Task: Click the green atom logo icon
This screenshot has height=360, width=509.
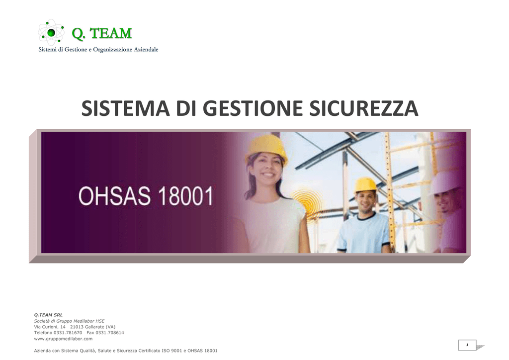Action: coord(51,32)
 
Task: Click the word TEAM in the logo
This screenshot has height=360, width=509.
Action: coord(110,33)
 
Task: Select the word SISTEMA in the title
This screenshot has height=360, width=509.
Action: coord(125,108)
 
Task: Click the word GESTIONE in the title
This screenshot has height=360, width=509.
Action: coord(253,108)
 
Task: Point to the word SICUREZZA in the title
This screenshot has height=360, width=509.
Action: coord(363,108)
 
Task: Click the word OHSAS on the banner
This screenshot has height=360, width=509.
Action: coord(115,196)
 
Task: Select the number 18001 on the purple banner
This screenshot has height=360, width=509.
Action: coord(185,196)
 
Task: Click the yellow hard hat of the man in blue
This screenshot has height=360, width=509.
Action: coord(365,185)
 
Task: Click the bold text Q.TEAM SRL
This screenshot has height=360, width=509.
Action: coord(48,315)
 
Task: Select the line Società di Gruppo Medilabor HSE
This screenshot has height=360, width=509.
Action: coord(69,321)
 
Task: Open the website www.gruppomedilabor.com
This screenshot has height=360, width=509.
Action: coord(63,339)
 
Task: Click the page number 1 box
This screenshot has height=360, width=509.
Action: coord(467,345)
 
